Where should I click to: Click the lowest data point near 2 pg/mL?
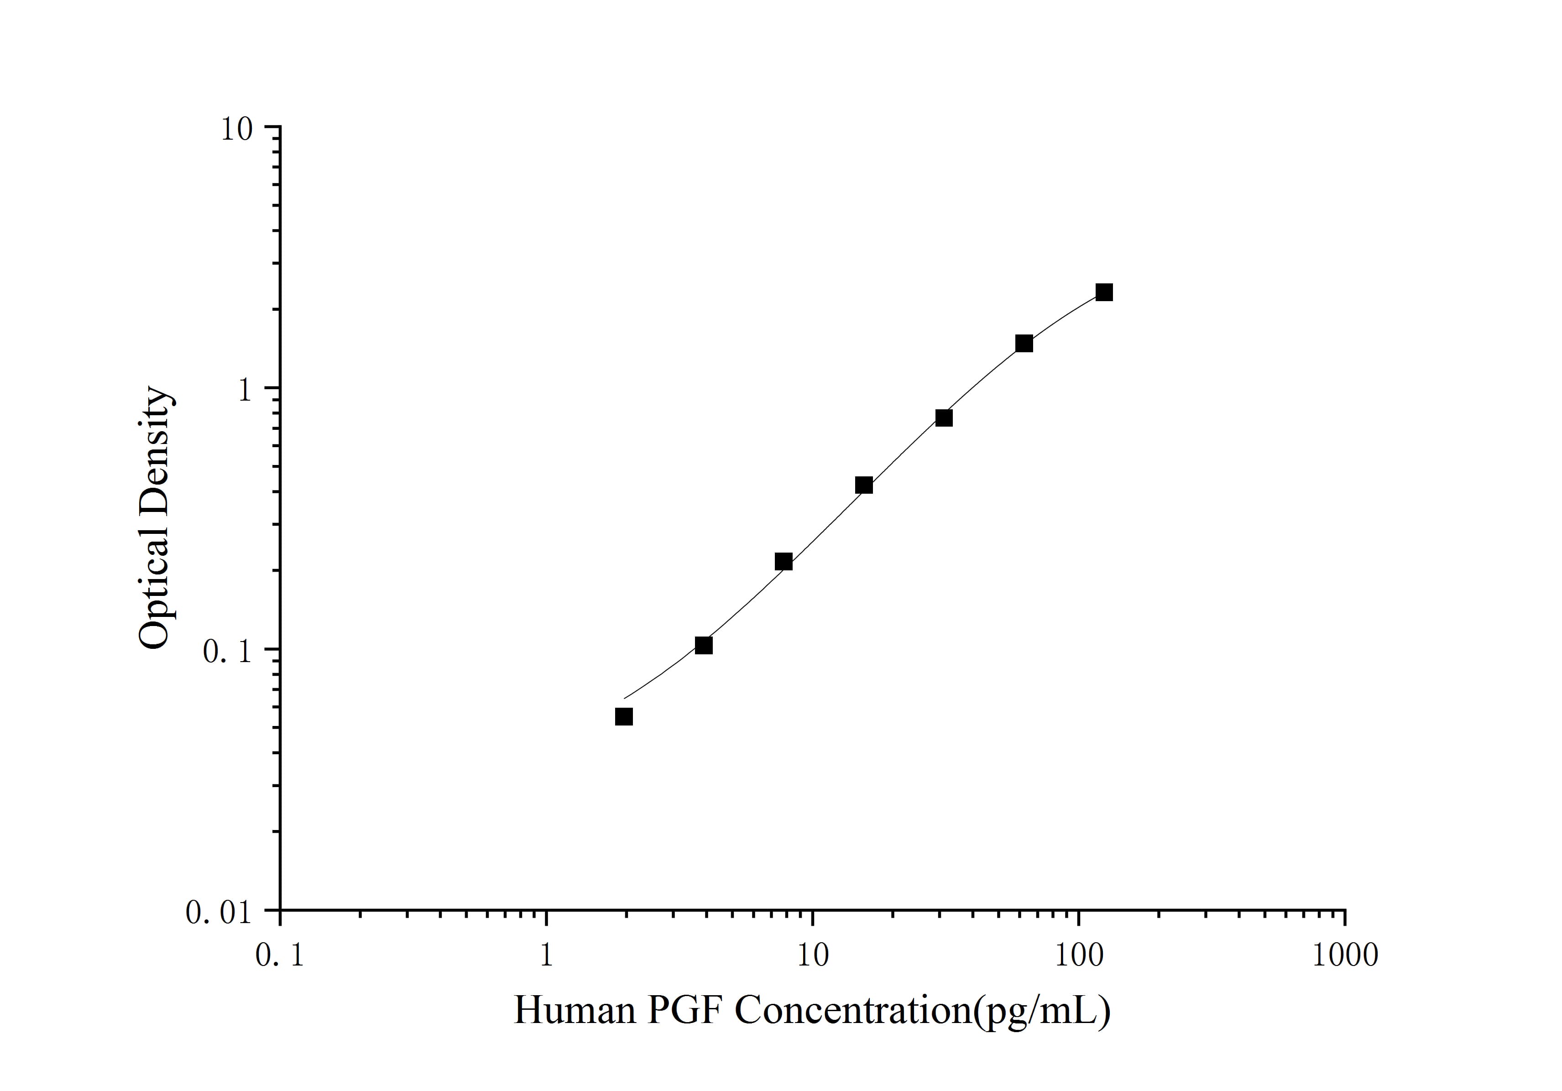click(624, 716)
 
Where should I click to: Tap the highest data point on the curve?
click(1104, 292)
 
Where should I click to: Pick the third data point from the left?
click(784, 561)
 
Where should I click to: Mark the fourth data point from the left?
click(864, 485)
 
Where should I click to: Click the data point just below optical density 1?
click(944, 418)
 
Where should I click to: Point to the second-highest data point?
click(1024, 344)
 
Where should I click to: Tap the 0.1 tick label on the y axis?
click(229, 651)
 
